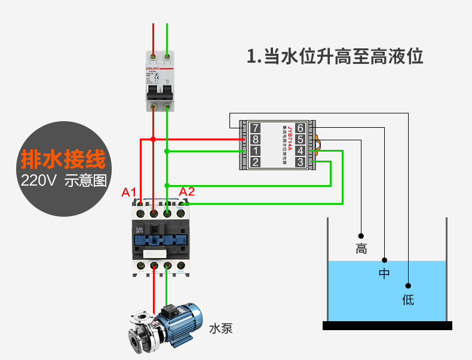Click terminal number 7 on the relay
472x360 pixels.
pyautogui.click(x=255, y=128)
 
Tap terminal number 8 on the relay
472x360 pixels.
pyautogui.click(x=255, y=139)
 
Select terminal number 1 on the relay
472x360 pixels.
pyautogui.click(x=255, y=150)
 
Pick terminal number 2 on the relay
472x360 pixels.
pyautogui.click(x=255, y=162)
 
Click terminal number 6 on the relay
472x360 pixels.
pyautogui.click(x=300, y=128)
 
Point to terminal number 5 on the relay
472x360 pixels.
pyautogui.click(x=300, y=139)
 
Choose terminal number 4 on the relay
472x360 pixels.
pyautogui.click(x=300, y=150)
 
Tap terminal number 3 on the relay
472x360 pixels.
pyautogui.click(x=300, y=162)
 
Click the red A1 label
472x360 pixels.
pyautogui.click(x=130, y=192)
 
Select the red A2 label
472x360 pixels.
pyautogui.click(x=187, y=192)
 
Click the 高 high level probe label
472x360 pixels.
pyautogui.click(x=361, y=249)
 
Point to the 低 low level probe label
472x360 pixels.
pyautogui.click(x=408, y=300)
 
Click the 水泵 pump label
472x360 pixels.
pyautogui.click(x=220, y=328)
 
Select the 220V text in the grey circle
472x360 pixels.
pyautogui.click(x=38, y=180)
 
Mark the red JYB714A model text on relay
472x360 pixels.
pyautogui.click(x=290, y=138)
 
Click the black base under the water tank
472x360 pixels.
pyautogui.click(x=387, y=325)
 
